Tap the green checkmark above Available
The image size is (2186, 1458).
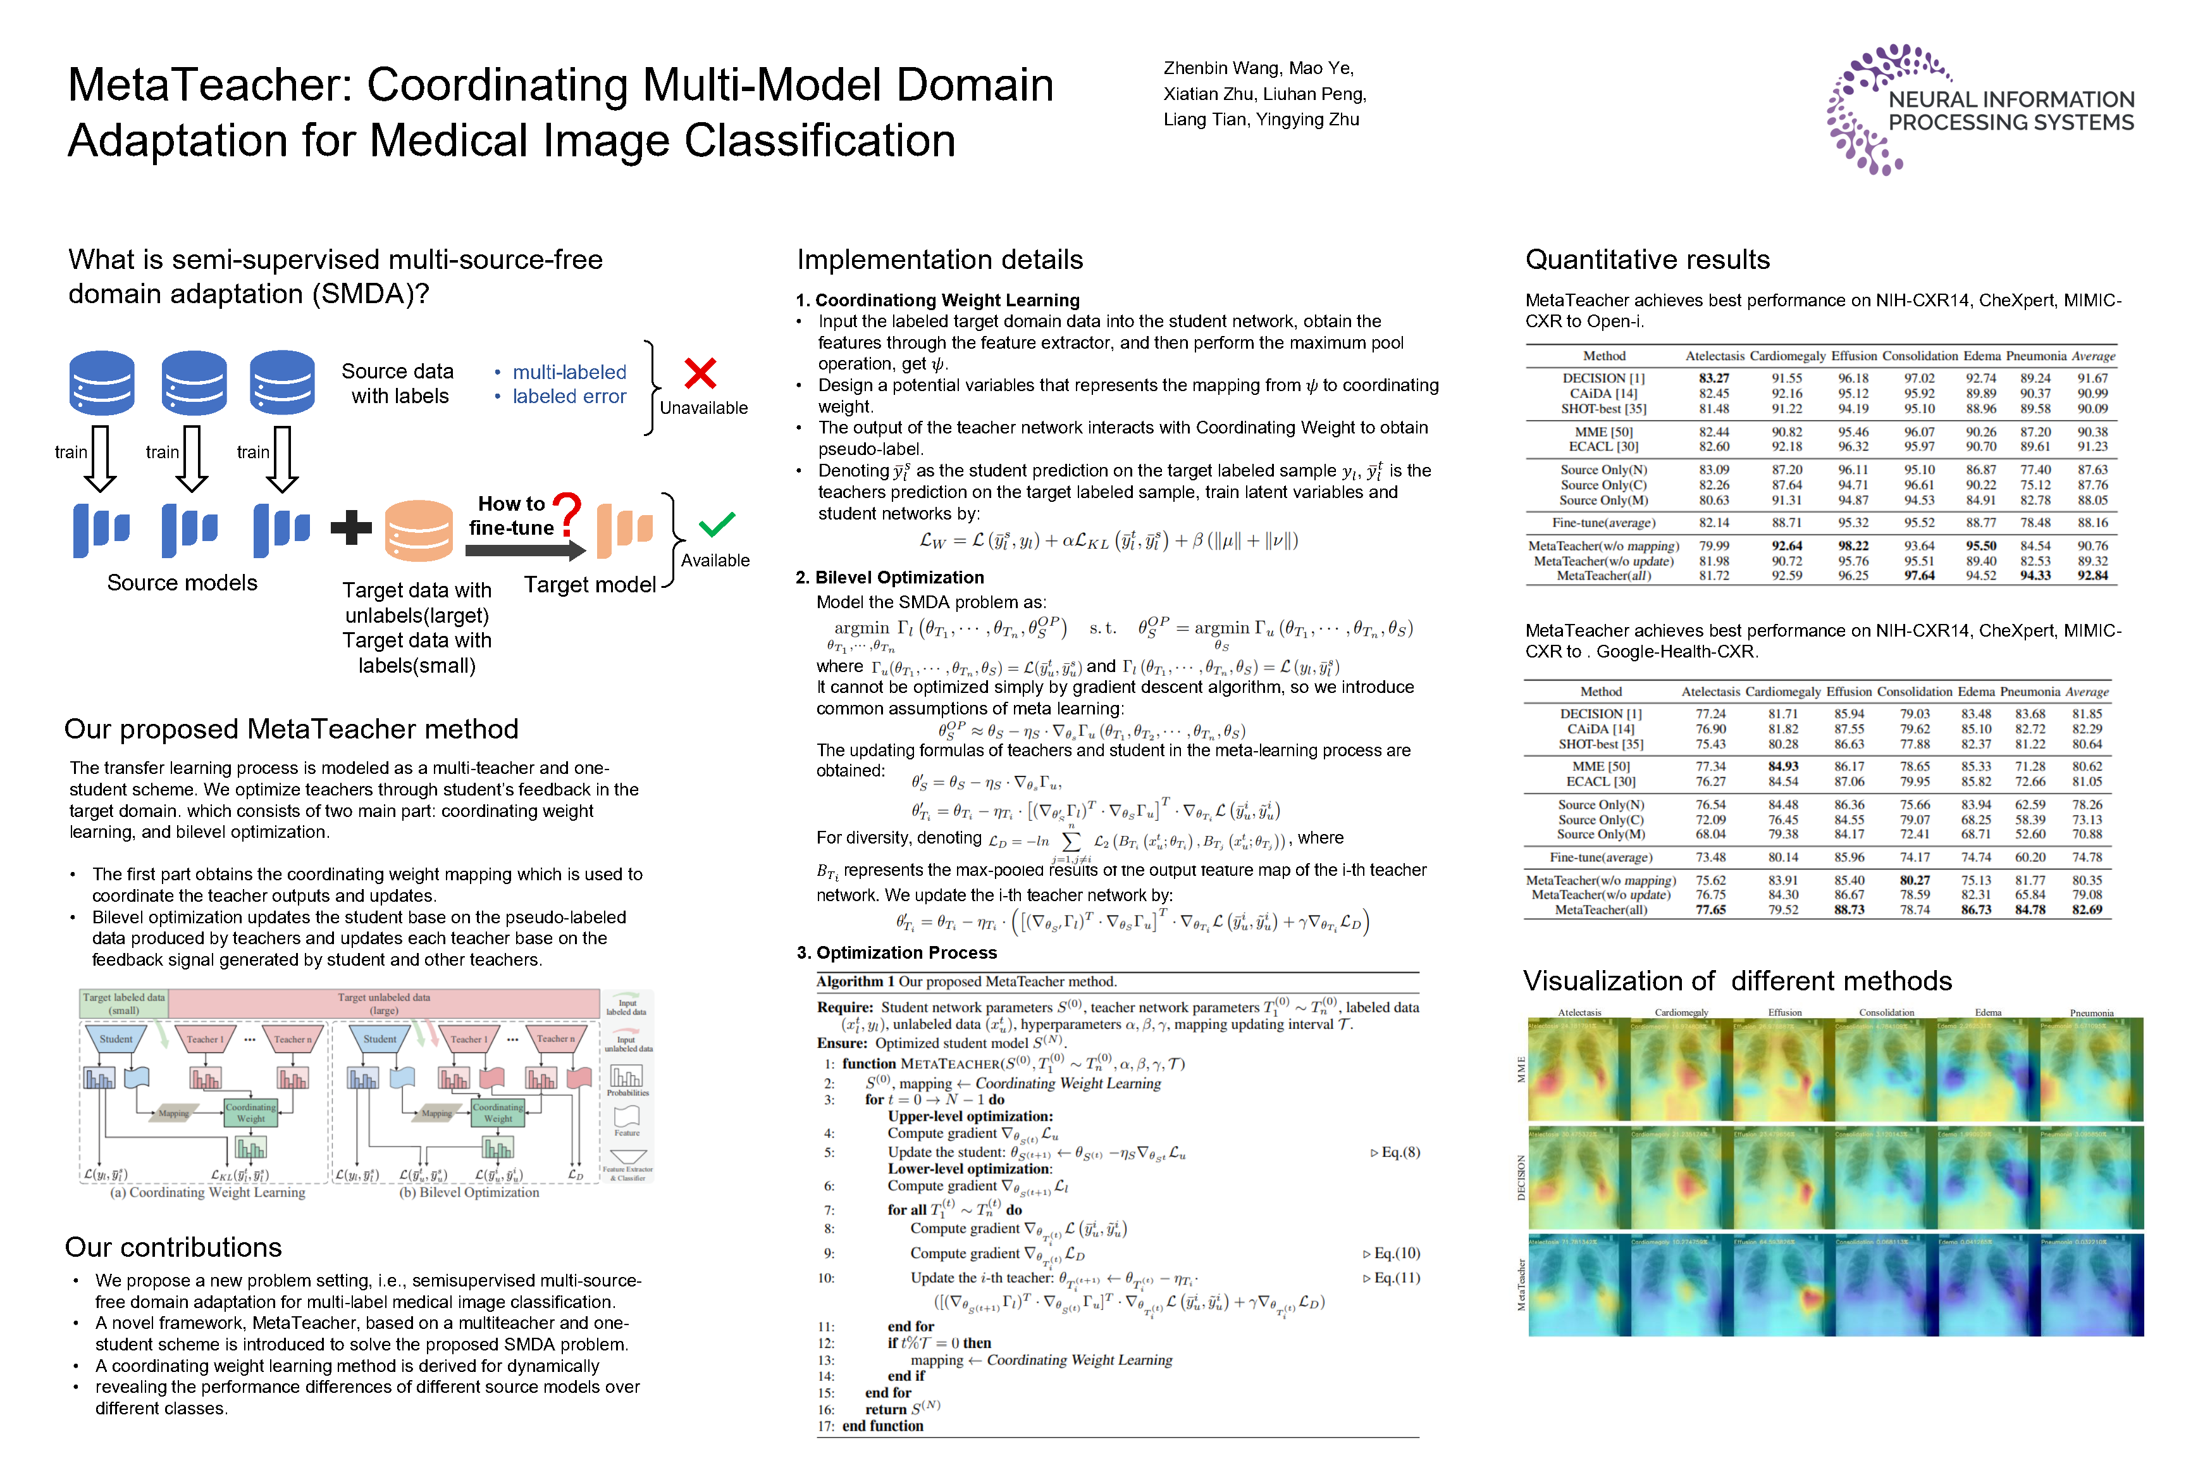click(x=717, y=525)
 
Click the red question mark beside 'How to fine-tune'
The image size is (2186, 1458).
click(x=567, y=514)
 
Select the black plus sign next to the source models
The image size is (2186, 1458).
click(x=351, y=527)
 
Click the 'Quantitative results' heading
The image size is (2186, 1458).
click(x=1647, y=259)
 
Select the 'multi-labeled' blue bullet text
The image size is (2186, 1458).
click(x=569, y=372)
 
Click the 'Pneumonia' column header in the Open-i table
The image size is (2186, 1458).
click(x=2035, y=356)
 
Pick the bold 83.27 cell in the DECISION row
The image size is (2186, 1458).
click(x=1714, y=378)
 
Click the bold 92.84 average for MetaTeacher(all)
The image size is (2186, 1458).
click(x=2092, y=576)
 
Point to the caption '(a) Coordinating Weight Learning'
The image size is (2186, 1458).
click(x=207, y=1192)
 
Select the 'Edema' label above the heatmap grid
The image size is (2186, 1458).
click(x=1988, y=1012)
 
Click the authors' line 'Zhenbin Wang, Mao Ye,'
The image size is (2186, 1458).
click(x=1259, y=68)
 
